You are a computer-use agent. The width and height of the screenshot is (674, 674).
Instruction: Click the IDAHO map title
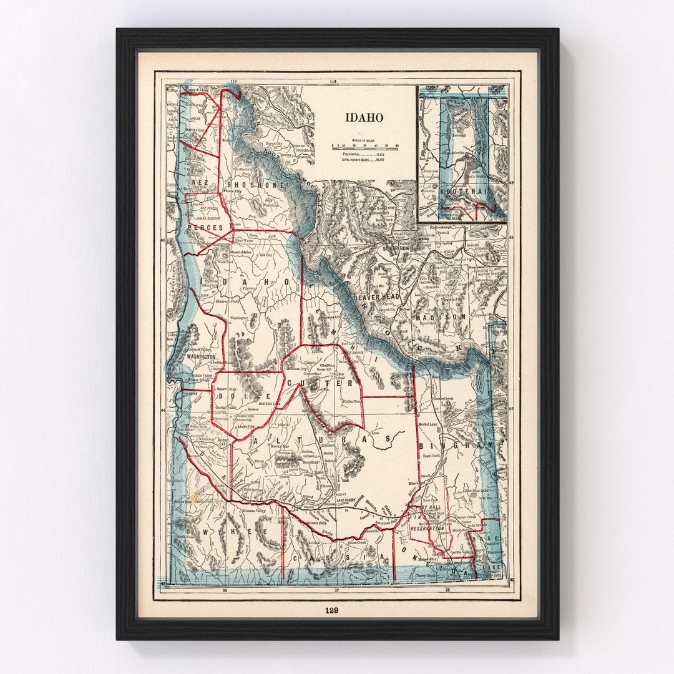pos(364,117)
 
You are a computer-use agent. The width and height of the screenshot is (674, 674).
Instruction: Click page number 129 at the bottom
pos(331,610)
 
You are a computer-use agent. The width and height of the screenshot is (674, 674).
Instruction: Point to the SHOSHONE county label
pos(256,185)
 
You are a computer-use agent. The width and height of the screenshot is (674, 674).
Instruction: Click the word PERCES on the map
pos(205,228)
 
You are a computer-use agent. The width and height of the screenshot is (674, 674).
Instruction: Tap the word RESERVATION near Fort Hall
pos(427,528)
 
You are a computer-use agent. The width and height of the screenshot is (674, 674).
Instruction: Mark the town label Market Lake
pos(428,424)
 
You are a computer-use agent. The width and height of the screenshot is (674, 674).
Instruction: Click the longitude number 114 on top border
pos(332,82)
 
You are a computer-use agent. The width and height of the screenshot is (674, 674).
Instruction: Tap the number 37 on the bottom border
pos(336,589)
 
